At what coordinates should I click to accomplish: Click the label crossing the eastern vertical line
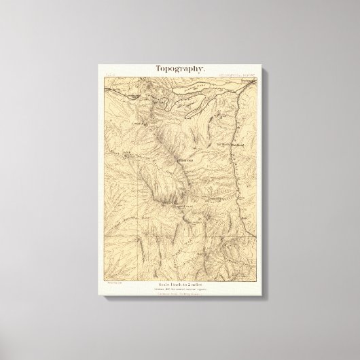[231, 144]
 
